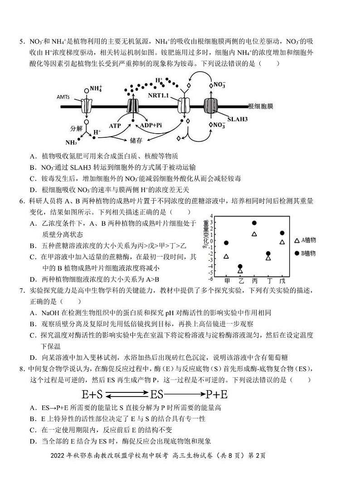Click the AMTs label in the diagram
coord(63,97)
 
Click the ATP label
coord(115,125)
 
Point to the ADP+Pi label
coord(151,125)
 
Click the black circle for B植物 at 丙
coord(254,223)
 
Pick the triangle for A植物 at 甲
coord(226,256)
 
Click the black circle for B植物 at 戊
coord(282,233)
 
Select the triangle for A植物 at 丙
coord(254,234)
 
